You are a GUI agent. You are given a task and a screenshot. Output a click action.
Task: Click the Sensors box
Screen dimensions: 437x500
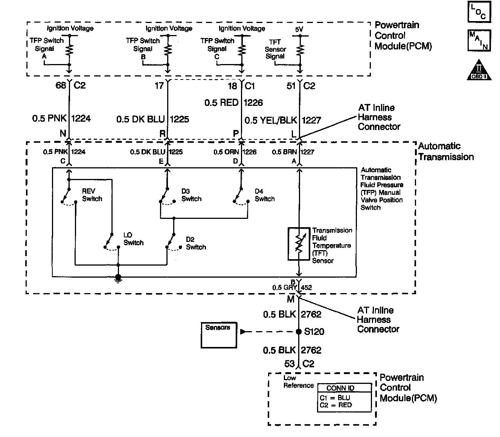coord(219,335)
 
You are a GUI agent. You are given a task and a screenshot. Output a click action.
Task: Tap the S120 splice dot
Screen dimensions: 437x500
coord(299,332)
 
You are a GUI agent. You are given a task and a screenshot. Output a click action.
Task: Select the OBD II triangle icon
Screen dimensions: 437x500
coord(479,70)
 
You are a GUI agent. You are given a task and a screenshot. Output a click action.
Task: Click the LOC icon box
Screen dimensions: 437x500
coord(479,12)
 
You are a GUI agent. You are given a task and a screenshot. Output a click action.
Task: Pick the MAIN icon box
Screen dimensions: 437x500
coord(479,40)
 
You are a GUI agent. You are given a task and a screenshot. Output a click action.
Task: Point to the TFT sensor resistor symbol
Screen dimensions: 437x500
coord(299,244)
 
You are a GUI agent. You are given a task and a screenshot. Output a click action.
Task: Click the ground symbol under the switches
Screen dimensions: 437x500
coord(118,278)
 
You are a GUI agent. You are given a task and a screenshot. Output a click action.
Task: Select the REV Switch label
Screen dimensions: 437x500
coord(92,195)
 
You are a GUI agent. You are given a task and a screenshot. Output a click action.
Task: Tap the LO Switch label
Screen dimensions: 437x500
coord(133,239)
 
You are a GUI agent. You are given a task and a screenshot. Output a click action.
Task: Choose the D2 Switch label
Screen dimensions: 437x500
coord(196,243)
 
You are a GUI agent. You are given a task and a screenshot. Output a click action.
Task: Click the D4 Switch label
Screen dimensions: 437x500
coord(264,195)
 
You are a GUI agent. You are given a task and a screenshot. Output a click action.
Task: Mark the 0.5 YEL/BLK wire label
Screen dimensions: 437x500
coord(271,121)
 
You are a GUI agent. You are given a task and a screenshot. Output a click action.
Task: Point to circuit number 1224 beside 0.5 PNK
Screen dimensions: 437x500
coord(81,119)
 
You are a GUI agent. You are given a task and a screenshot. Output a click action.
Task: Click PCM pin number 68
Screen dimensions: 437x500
coord(61,86)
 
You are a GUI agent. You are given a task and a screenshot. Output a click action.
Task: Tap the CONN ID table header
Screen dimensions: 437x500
coord(340,388)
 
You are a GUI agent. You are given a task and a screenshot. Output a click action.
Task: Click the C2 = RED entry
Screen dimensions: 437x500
coord(336,405)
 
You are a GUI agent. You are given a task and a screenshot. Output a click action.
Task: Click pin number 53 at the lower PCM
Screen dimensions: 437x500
coord(290,364)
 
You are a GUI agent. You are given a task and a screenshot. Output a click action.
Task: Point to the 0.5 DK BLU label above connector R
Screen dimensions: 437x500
coord(140,119)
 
